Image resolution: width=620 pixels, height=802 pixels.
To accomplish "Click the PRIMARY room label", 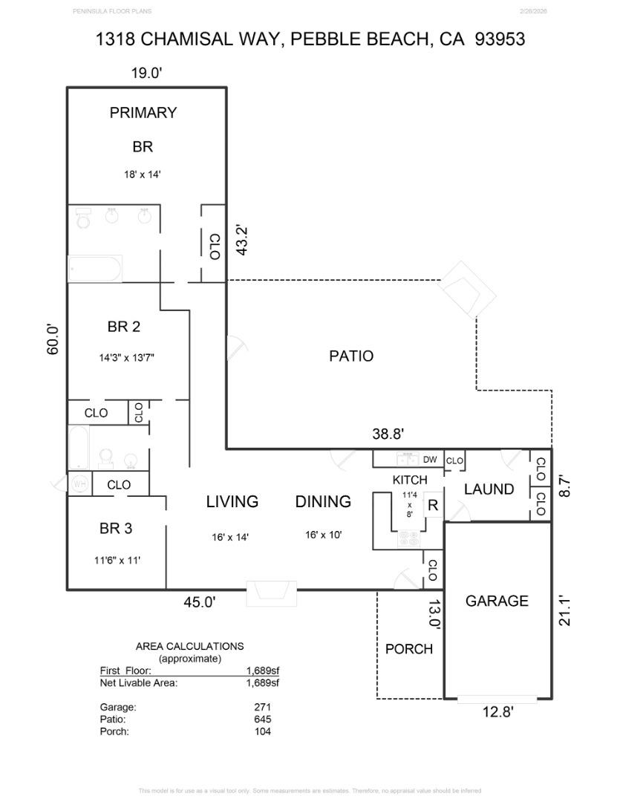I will click(x=143, y=113).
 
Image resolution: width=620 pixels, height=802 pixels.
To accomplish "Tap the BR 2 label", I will click(x=124, y=326).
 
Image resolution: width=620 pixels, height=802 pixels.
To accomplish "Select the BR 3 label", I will click(x=116, y=529).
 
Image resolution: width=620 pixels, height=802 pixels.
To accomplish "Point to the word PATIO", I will click(x=351, y=356).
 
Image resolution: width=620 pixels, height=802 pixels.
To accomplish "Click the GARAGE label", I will click(x=497, y=601).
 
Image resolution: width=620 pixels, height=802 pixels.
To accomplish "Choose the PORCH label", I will click(x=408, y=649).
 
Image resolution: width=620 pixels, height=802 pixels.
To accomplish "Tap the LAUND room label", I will click(x=489, y=489).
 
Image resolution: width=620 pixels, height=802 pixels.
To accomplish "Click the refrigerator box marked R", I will click(x=432, y=506).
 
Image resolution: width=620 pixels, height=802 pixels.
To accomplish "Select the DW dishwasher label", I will click(x=430, y=460).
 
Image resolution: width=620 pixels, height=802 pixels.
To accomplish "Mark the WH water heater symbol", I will click(x=79, y=484).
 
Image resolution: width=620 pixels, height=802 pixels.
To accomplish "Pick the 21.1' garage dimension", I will click(x=565, y=607).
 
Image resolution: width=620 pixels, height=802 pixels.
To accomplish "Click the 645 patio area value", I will click(x=262, y=720).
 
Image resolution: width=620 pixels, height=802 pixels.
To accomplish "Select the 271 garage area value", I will click(x=262, y=708).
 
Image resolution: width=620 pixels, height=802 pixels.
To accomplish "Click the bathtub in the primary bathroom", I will click(x=95, y=269).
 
